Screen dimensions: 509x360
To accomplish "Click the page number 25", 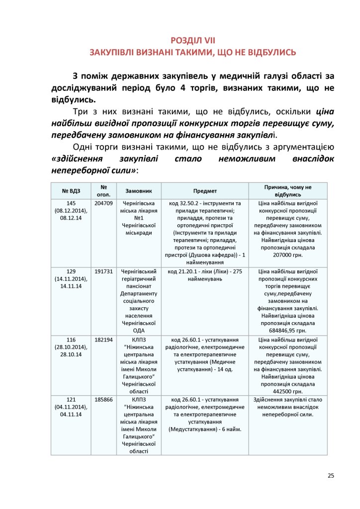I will (331, 475).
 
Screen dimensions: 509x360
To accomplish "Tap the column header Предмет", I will (205, 190).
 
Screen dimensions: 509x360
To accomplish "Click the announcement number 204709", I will (103, 203).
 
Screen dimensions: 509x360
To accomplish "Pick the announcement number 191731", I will (103, 271).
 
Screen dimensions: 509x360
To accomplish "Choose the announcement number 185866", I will (103, 399).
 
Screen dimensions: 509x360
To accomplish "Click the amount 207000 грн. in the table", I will (288, 255).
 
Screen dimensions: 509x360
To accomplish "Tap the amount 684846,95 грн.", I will (288, 330).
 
